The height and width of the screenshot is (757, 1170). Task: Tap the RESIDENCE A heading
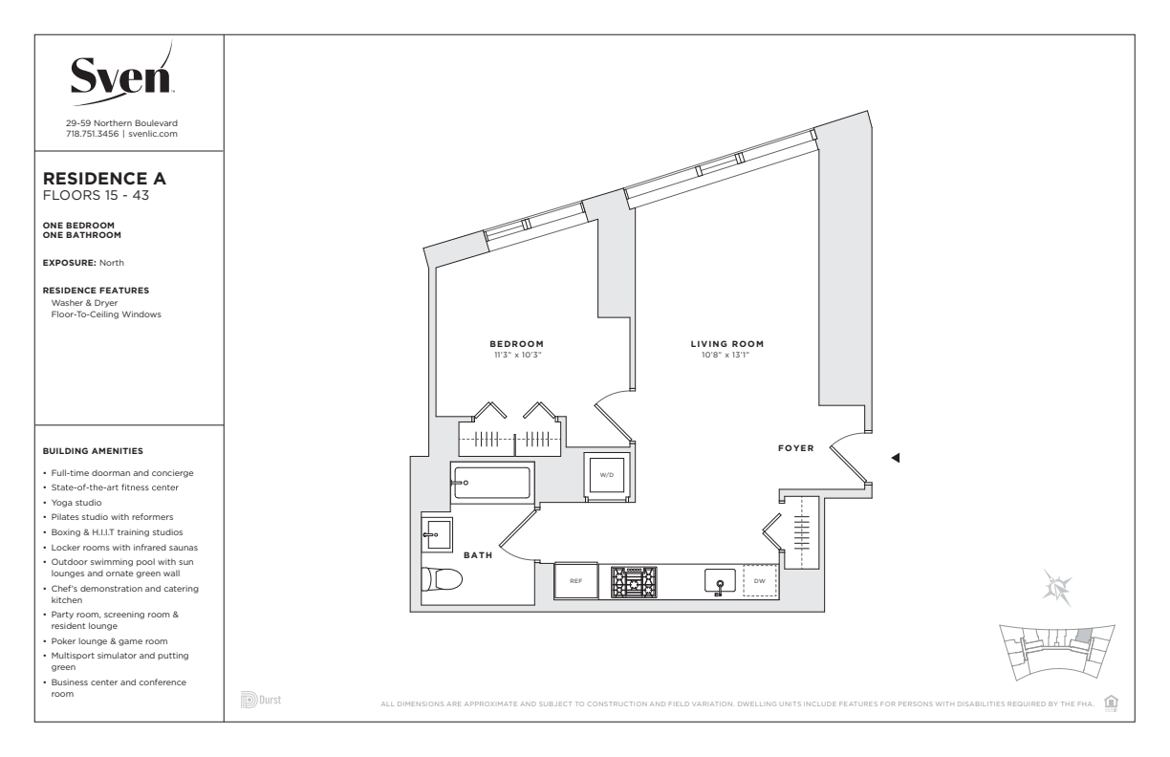104,179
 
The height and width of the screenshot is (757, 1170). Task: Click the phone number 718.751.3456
92,134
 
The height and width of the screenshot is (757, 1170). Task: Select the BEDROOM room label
516,344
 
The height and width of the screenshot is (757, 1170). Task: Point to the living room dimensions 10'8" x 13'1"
726,356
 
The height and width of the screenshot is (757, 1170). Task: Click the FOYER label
796,448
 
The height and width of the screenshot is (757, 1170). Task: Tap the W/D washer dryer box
606,475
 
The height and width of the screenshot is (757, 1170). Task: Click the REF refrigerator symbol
575,580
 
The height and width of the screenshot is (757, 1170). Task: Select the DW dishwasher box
760,581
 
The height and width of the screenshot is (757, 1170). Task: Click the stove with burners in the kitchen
634,582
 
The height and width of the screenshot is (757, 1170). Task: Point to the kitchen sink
720,581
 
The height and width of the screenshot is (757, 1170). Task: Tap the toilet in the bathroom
442,579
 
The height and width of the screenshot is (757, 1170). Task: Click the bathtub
492,483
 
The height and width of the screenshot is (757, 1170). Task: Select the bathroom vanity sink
437,534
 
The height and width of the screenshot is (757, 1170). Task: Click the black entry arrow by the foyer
896,458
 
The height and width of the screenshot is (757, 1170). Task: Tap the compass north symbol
1056,588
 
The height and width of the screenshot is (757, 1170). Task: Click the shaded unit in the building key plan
1084,637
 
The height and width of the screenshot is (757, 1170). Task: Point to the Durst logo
261,700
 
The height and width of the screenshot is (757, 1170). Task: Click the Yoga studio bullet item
76,503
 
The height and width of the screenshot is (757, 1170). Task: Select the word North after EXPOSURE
112,263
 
